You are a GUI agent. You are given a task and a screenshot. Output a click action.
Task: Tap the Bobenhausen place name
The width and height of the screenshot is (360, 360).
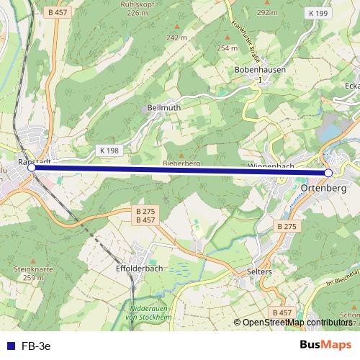[x=261, y=70]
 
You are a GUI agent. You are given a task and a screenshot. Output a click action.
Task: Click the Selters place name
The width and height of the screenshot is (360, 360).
[x=259, y=271]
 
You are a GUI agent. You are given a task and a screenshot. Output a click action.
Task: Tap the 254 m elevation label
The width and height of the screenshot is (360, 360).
[x=227, y=48]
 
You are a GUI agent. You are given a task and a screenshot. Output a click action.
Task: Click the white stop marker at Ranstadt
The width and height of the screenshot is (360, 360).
[x=31, y=167]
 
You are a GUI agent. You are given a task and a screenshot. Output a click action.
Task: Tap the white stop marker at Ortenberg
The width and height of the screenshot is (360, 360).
[x=328, y=173]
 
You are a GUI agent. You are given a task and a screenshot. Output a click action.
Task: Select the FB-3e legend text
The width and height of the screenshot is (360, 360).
[x=37, y=346]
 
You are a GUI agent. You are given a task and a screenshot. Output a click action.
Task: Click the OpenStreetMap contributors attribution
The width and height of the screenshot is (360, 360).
[x=296, y=323]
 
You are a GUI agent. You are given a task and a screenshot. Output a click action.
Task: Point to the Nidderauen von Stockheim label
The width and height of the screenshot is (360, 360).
[x=148, y=312]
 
